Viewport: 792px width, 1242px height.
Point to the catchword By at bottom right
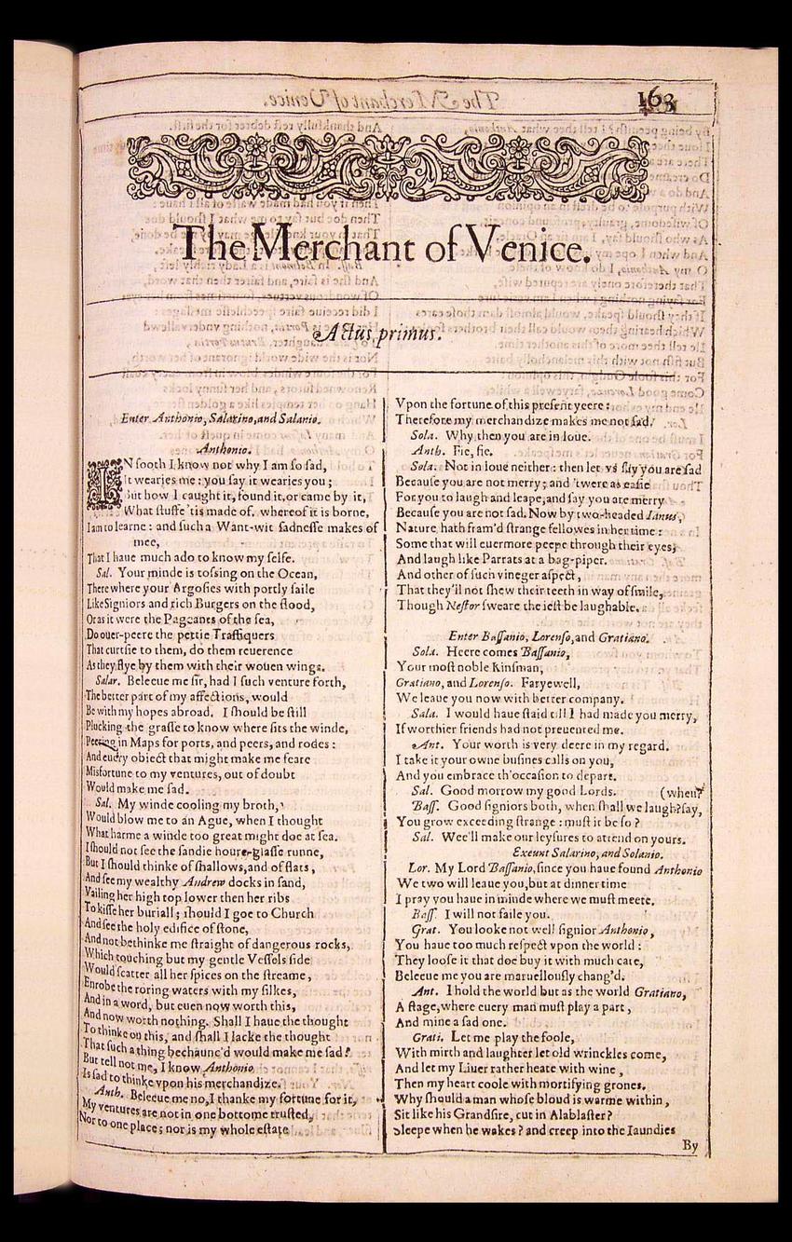(x=690, y=1145)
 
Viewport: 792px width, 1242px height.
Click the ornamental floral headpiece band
(x=388, y=168)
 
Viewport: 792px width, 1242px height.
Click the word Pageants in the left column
(x=210, y=619)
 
